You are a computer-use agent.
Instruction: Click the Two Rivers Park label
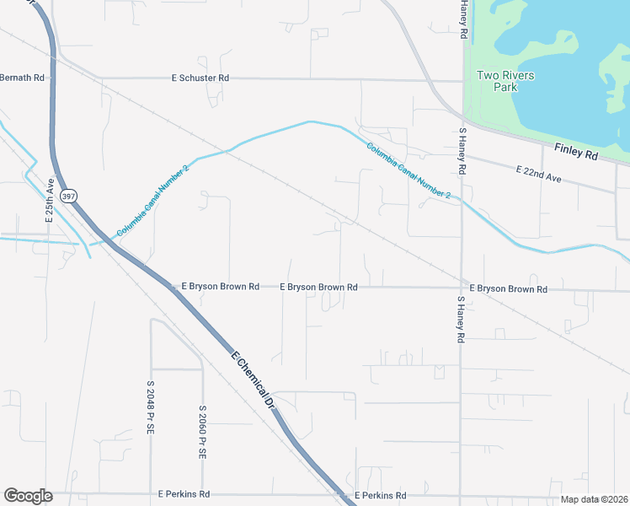(505, 81)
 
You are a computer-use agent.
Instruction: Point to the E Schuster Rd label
(200, 78)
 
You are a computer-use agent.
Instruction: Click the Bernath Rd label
(22, 78)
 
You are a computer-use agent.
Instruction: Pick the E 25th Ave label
(51, 199)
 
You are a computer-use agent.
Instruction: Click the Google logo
(28, 496)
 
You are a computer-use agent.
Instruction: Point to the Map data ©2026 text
(595, 499)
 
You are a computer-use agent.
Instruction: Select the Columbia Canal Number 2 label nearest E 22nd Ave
(409, 170)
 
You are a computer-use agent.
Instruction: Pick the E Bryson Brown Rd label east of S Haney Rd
(509, 288)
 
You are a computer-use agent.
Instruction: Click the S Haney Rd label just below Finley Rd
(462, 151)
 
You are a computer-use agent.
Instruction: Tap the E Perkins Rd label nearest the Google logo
(184, 495)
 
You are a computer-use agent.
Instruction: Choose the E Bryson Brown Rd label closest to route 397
(220, 287)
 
